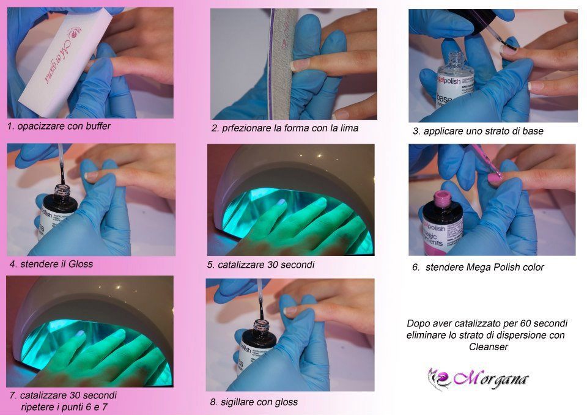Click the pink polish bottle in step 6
click(441, 214)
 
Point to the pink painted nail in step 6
click(494, 176)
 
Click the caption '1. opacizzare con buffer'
click(59, 127)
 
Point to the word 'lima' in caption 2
click(348, 128)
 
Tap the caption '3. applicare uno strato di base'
click(478, 131)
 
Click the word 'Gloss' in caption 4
click(81, 264)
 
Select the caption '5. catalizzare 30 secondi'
click(261, 265)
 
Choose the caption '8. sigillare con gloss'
click(254, 402)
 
